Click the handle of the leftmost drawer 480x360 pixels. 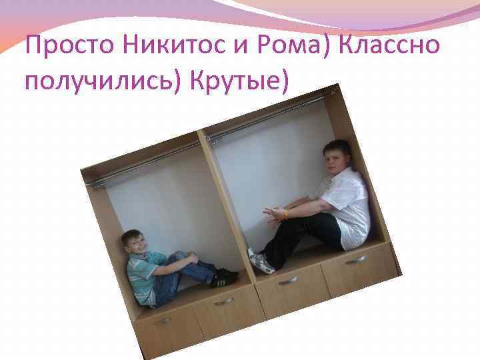tap(162, 321)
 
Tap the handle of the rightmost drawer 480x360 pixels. tap(355, 259)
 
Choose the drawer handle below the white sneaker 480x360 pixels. tap(288, 281)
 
